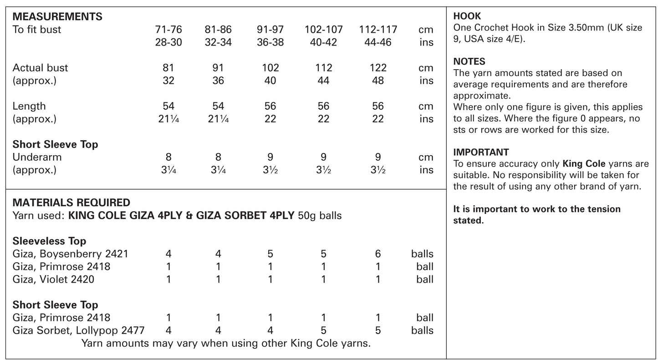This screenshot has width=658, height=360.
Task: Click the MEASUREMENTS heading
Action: (57, 17)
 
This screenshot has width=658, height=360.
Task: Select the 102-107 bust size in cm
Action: (323, 30)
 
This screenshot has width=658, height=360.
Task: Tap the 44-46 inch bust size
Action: (378, 42)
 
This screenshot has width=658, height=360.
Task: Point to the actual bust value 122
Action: (378, 68)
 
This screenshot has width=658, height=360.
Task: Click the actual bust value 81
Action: (168, 68)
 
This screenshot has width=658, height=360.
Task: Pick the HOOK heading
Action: (467, 16)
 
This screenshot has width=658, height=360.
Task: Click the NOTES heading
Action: (469, 61)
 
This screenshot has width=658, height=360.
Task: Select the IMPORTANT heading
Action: (481, 152)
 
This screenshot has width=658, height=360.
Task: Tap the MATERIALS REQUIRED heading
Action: (71, 203)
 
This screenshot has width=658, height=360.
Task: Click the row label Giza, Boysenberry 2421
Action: (71, 254)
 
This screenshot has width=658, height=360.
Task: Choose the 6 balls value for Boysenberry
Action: (378, 254)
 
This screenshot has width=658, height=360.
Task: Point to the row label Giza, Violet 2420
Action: (53, 279)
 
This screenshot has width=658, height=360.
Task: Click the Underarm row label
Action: (37, 157)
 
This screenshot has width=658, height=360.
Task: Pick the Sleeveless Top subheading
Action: (49, 241)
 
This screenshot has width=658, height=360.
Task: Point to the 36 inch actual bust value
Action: (218, 81)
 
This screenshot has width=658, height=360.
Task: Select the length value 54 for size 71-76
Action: (168, 106)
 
